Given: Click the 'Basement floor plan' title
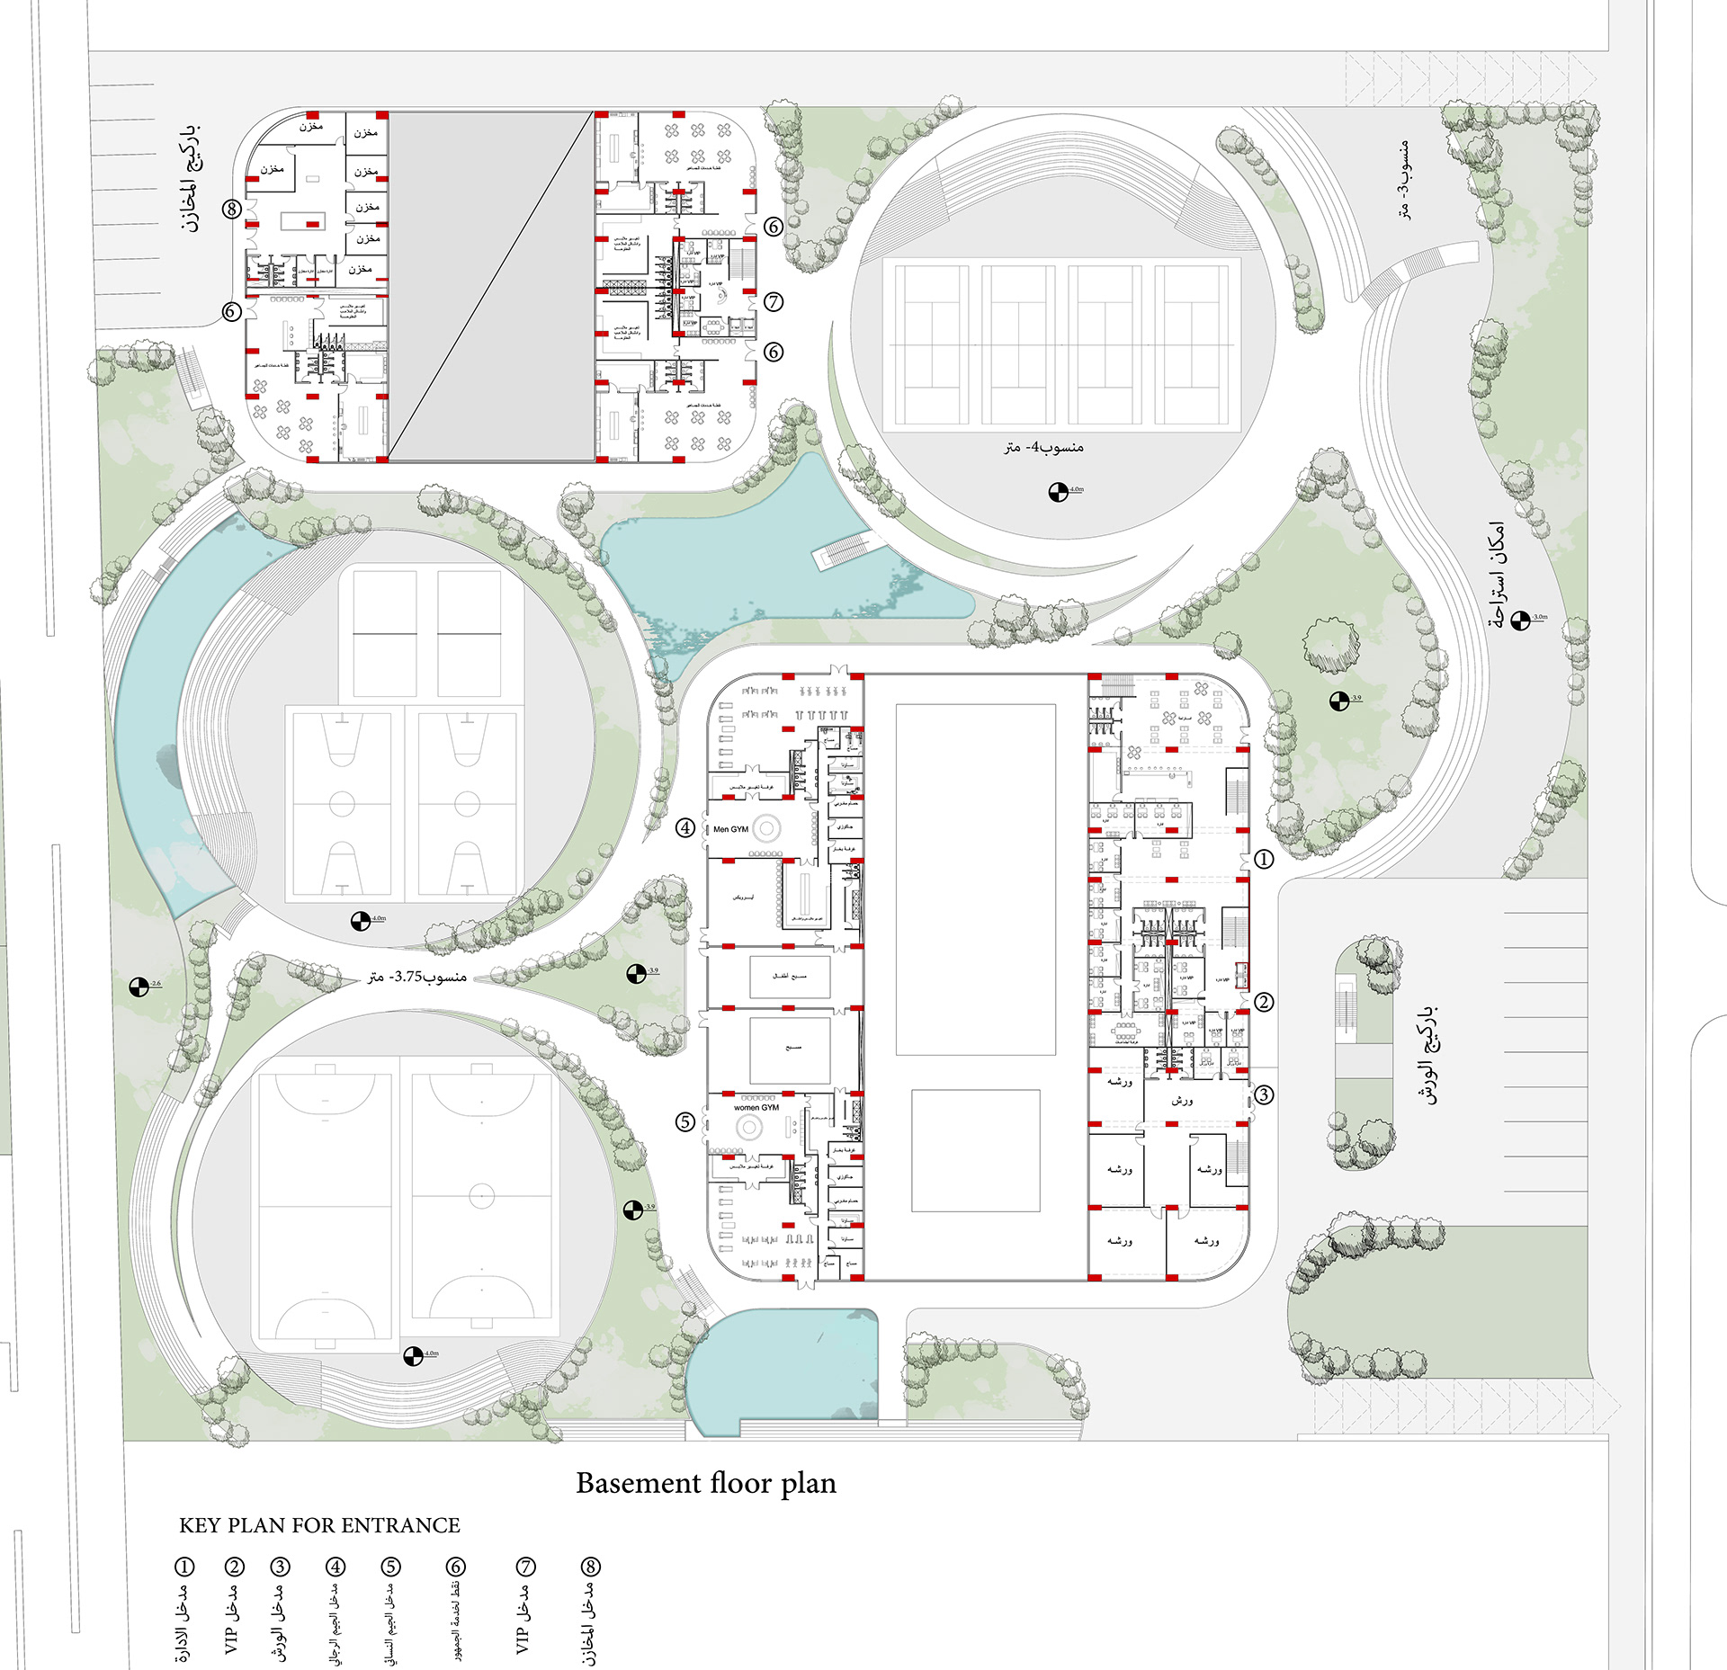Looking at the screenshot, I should point(706,1483).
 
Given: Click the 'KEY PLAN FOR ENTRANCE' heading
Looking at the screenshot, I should point(319,1525).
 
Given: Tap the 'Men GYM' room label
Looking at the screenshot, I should point(730,829).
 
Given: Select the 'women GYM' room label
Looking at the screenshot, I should point(756,1108).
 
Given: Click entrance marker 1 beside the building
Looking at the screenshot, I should point(1264,860).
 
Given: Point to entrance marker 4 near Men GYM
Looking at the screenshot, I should point(685,827).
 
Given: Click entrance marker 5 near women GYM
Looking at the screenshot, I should point(685,1121).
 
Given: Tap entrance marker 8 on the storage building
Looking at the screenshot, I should point(232,210).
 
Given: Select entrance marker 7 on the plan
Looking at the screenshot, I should point(774,302).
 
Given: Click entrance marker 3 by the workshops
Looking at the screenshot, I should point(1264,1094).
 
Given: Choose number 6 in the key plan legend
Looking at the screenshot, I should point(456,1567).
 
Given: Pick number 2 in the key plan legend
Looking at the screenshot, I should point(234,1567).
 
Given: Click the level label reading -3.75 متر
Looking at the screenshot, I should point(417,977).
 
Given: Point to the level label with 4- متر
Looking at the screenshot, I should point(1043,447).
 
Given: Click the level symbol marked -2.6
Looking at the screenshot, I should point(139,987).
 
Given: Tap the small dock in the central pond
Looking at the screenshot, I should point(846,549).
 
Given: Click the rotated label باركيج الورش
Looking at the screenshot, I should point(1427,1054).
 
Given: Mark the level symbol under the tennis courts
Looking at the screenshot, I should point(1059,492).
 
